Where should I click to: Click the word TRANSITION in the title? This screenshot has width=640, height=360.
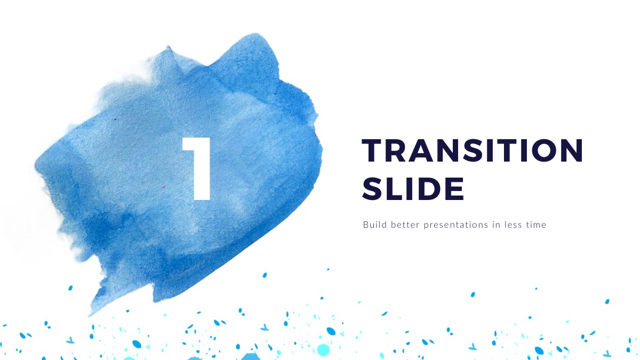473,150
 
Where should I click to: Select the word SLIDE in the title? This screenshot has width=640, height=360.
413,189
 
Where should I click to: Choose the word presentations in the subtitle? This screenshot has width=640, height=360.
456,225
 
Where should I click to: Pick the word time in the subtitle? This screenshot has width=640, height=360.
536,225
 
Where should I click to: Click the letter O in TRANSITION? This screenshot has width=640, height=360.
542,150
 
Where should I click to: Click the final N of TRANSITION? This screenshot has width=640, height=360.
571,150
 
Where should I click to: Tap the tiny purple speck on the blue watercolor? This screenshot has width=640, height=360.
163,187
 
